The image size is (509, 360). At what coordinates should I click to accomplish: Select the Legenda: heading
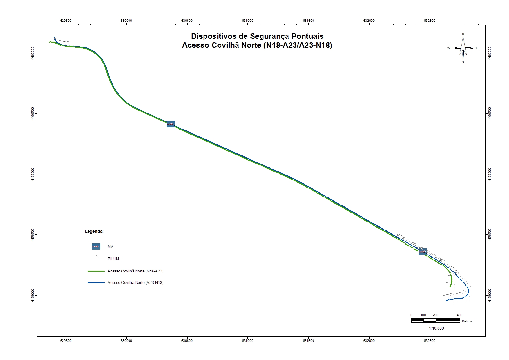click(94, 231)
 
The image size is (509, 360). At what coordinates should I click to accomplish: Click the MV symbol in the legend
click(96, 247)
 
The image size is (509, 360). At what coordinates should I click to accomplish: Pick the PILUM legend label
click(113, 259)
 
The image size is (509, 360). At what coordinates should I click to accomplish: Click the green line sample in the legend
click(96, 271)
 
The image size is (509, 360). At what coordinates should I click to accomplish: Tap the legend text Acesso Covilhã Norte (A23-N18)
click(136, 283)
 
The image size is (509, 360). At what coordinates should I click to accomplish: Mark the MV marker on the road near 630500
click(171, 124)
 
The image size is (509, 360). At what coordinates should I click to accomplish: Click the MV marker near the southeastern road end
click(423, 252)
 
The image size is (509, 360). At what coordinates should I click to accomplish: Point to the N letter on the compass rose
click(463, 34)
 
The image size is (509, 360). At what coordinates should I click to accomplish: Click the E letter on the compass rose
click(477, 48)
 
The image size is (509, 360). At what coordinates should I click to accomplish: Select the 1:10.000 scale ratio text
click(436, 328)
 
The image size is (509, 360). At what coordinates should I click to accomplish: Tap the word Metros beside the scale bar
click(467, 321)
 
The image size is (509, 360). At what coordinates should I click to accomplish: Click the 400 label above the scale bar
click(459, 315)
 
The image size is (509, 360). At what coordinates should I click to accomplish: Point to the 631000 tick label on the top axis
click(247, 21)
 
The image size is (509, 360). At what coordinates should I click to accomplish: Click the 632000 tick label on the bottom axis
click(369, 341)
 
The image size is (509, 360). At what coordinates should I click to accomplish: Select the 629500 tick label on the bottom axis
click(66, 341)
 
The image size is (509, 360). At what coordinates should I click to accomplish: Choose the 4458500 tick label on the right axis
click(489, 235)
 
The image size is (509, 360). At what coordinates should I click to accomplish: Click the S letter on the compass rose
click(463, 62)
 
